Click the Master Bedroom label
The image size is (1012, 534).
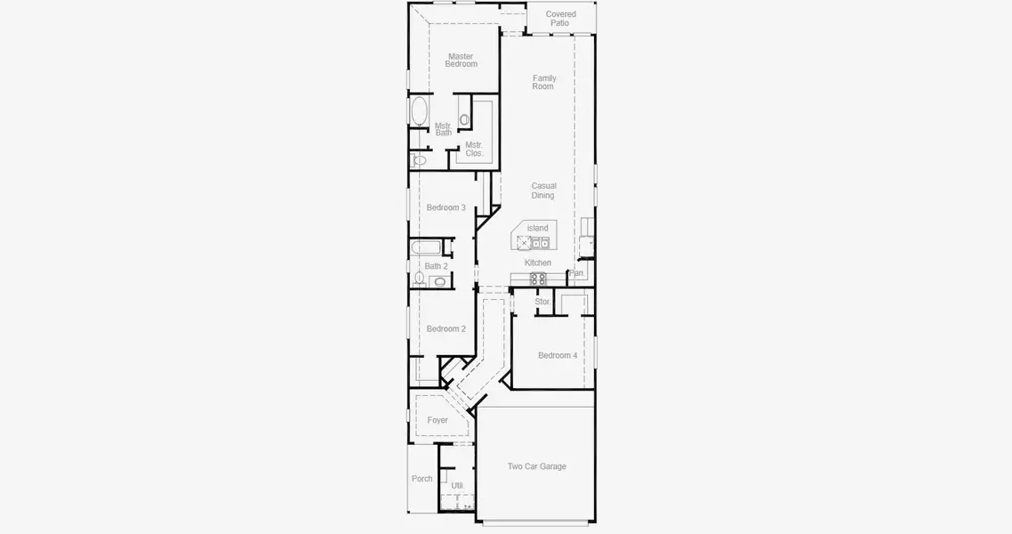pyautogui.click(x=461, y=61)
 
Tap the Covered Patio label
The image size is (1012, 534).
pyautogui.click(x=560, y=19)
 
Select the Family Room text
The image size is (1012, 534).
pyautogui.click(x=543, y=83)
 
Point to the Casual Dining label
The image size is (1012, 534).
pyautogui.click(x=543, y=190)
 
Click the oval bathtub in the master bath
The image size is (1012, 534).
pyautogui.click(x=419, y=115)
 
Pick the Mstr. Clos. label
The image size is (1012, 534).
pyautogui.click(x=474, y=149)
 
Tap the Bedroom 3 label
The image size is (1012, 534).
pyautogui.click(x=446, y=207)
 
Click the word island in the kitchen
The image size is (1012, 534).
pyautogui.click(x=538, y=228)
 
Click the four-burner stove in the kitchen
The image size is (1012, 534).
pyautogui.click(x=538, y=279)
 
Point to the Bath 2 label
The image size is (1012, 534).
pyautogui.click(x=436, y=266)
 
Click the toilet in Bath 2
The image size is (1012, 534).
pyautogui.click(x=419, y=278)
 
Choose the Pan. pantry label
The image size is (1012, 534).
pyautogui.click(x=577, y=273)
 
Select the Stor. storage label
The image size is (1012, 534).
pyautogui.click(x=542, y=302)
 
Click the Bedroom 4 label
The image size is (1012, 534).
pyautogui.click(x=558, y=355)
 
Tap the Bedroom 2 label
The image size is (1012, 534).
pyautogui.click(x=446, y=328)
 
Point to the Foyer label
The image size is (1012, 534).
pyautogui.click(x=438, y=420)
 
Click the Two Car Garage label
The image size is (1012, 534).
pyautogui.click(x=536, y=466)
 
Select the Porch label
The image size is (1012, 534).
pyautogui.click(x=422, y=479)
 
